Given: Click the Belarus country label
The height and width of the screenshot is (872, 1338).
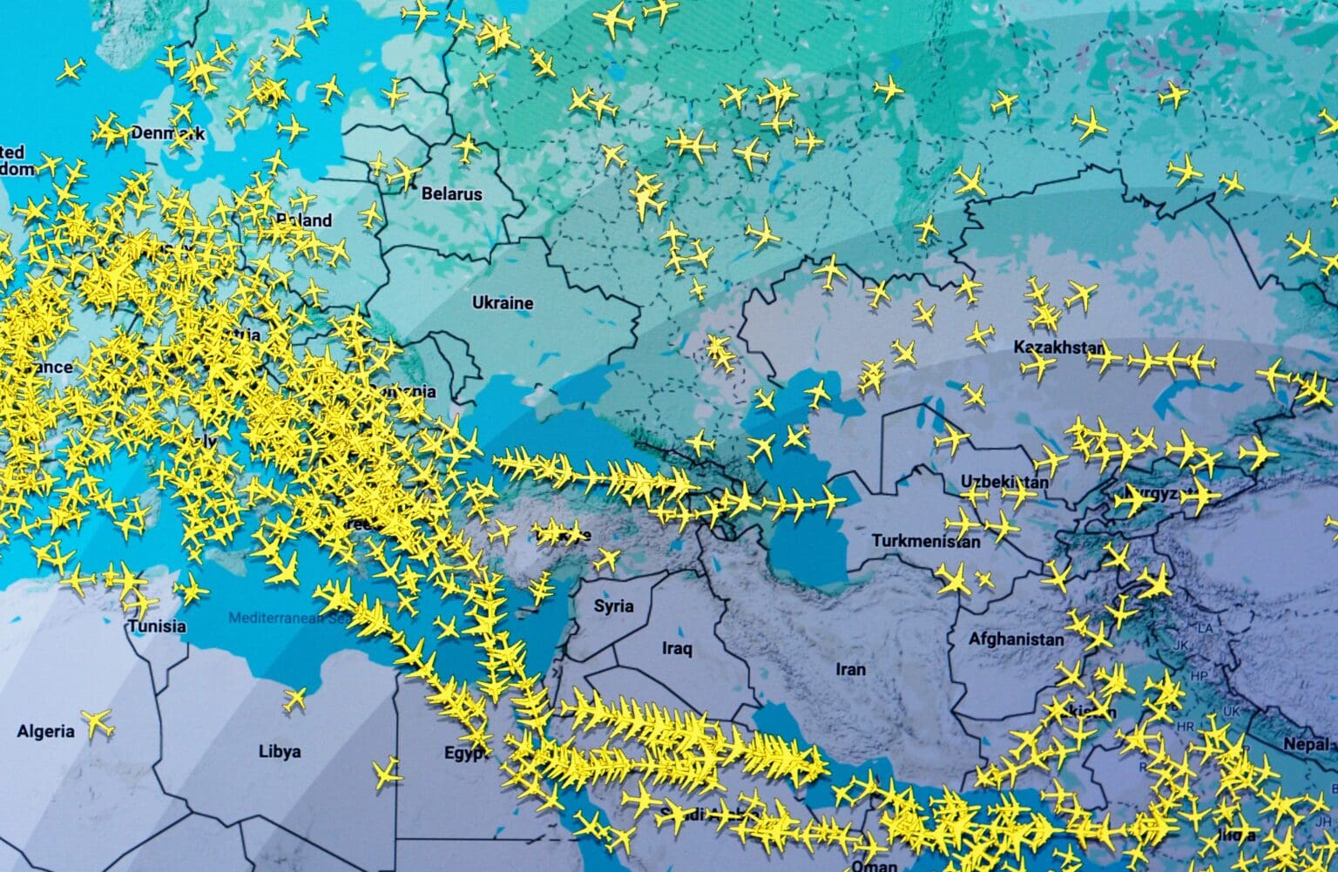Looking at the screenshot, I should (x=451, y=193).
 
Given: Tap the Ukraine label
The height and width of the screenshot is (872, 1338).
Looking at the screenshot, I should (x=503, y=303).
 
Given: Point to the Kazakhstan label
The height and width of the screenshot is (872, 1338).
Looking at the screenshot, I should (x=1058, y=348).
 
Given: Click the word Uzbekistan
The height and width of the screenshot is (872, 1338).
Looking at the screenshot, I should (x=1004, y=482).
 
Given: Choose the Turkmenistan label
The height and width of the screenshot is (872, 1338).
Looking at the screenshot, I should (x=926, y=541).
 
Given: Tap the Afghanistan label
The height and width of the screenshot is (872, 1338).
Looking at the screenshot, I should (x=1016, y=639).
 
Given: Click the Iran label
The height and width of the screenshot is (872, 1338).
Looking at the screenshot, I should (x=850, y=669).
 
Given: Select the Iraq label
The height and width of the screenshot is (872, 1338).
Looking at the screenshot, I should (x=677, y=648).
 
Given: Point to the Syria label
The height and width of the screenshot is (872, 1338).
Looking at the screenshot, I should (x=613, y=606).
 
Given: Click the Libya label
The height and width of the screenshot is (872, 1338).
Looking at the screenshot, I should (x=280, y=751).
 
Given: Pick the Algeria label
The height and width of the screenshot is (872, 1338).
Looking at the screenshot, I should (x=45, y=731).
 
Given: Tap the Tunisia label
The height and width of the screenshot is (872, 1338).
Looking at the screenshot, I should (x=157, y=625).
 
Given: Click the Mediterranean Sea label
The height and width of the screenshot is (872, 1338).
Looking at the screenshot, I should (x=287, y=619).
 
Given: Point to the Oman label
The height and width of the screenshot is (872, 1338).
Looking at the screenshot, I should (x=874, y=865).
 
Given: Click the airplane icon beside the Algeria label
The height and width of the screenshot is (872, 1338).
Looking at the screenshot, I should (x=98, y=722).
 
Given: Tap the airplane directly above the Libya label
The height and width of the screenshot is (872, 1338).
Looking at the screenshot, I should (x=294, y=698).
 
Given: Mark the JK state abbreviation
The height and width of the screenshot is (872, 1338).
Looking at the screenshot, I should (x=1181, y=646).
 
